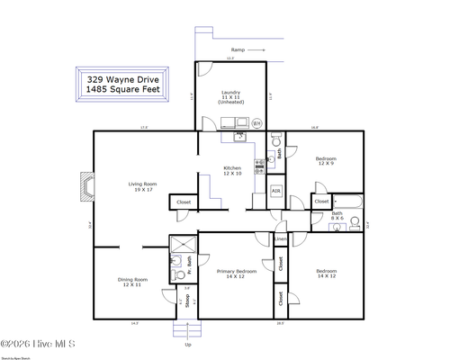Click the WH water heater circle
point(256,123)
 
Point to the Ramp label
point(238,49)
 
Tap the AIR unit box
point(276,192)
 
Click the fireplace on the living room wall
point(86,186)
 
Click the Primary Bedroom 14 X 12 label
point(237,274)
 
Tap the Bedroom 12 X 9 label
point(326,161)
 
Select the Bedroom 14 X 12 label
point(326,274)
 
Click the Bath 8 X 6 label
point(337,216)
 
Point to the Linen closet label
point(281,239)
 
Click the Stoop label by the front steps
point(188,301)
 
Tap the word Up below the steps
point(187,345)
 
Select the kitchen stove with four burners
point(260,165)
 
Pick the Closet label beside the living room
point(184,202)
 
